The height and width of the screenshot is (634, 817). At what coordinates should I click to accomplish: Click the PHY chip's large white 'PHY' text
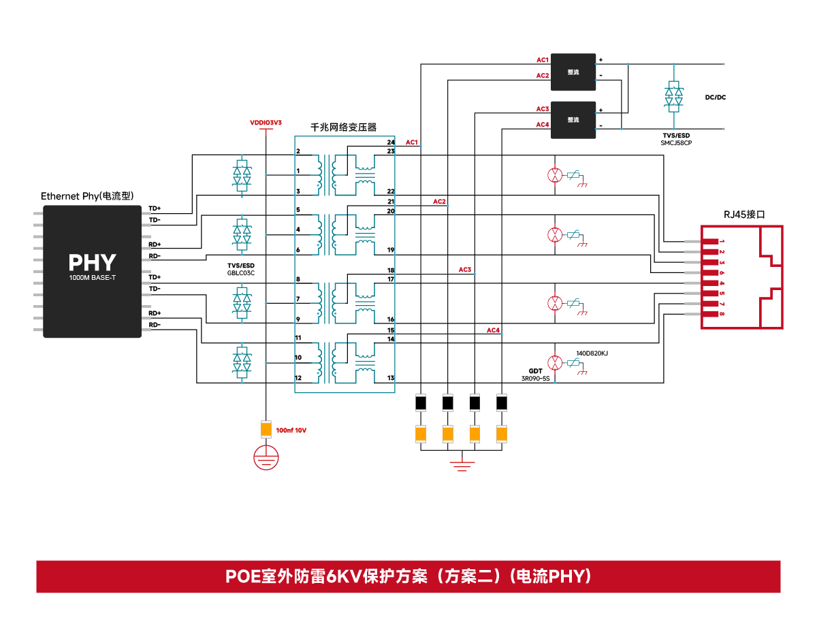(x=92, y=262)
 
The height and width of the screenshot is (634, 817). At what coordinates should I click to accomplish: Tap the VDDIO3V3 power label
(x=266, y=123)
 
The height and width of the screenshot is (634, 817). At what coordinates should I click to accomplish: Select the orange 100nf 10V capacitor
(x=266, y=429)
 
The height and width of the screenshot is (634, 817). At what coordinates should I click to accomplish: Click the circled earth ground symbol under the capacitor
(x=266, y=457)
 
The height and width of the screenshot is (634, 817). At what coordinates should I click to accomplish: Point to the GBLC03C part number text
(x=240, y=272)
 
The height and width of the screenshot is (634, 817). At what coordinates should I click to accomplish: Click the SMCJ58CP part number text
(x=675, y=143)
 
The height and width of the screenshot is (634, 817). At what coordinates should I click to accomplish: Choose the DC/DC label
(x=715, y=97)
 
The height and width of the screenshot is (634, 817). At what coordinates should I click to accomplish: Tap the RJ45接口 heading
(x=743, y=215)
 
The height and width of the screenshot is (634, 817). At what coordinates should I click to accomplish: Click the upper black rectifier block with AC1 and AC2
(x=573, y=72)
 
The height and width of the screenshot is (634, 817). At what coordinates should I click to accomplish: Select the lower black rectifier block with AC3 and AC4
(x=573, y=120)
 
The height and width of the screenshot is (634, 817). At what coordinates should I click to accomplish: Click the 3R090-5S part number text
(x=535, y=379)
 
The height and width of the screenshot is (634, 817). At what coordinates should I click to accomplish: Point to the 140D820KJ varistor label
(x=592, y=353)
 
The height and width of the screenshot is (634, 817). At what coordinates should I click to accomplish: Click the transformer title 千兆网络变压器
(x=343, y=127)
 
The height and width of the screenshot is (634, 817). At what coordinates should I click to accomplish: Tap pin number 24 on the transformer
(x=391, y=142)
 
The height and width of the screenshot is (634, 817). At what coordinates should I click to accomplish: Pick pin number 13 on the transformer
(x=391, y=377)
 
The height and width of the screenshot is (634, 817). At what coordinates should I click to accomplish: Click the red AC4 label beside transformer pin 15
(x=493, y=330)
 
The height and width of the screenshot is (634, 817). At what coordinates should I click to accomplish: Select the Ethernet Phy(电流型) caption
(x=87, y=196)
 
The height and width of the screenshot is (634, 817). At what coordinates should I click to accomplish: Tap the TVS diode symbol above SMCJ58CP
(x=673, y=97)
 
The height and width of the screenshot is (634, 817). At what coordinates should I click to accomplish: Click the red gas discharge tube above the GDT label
(x=555, y=362)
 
